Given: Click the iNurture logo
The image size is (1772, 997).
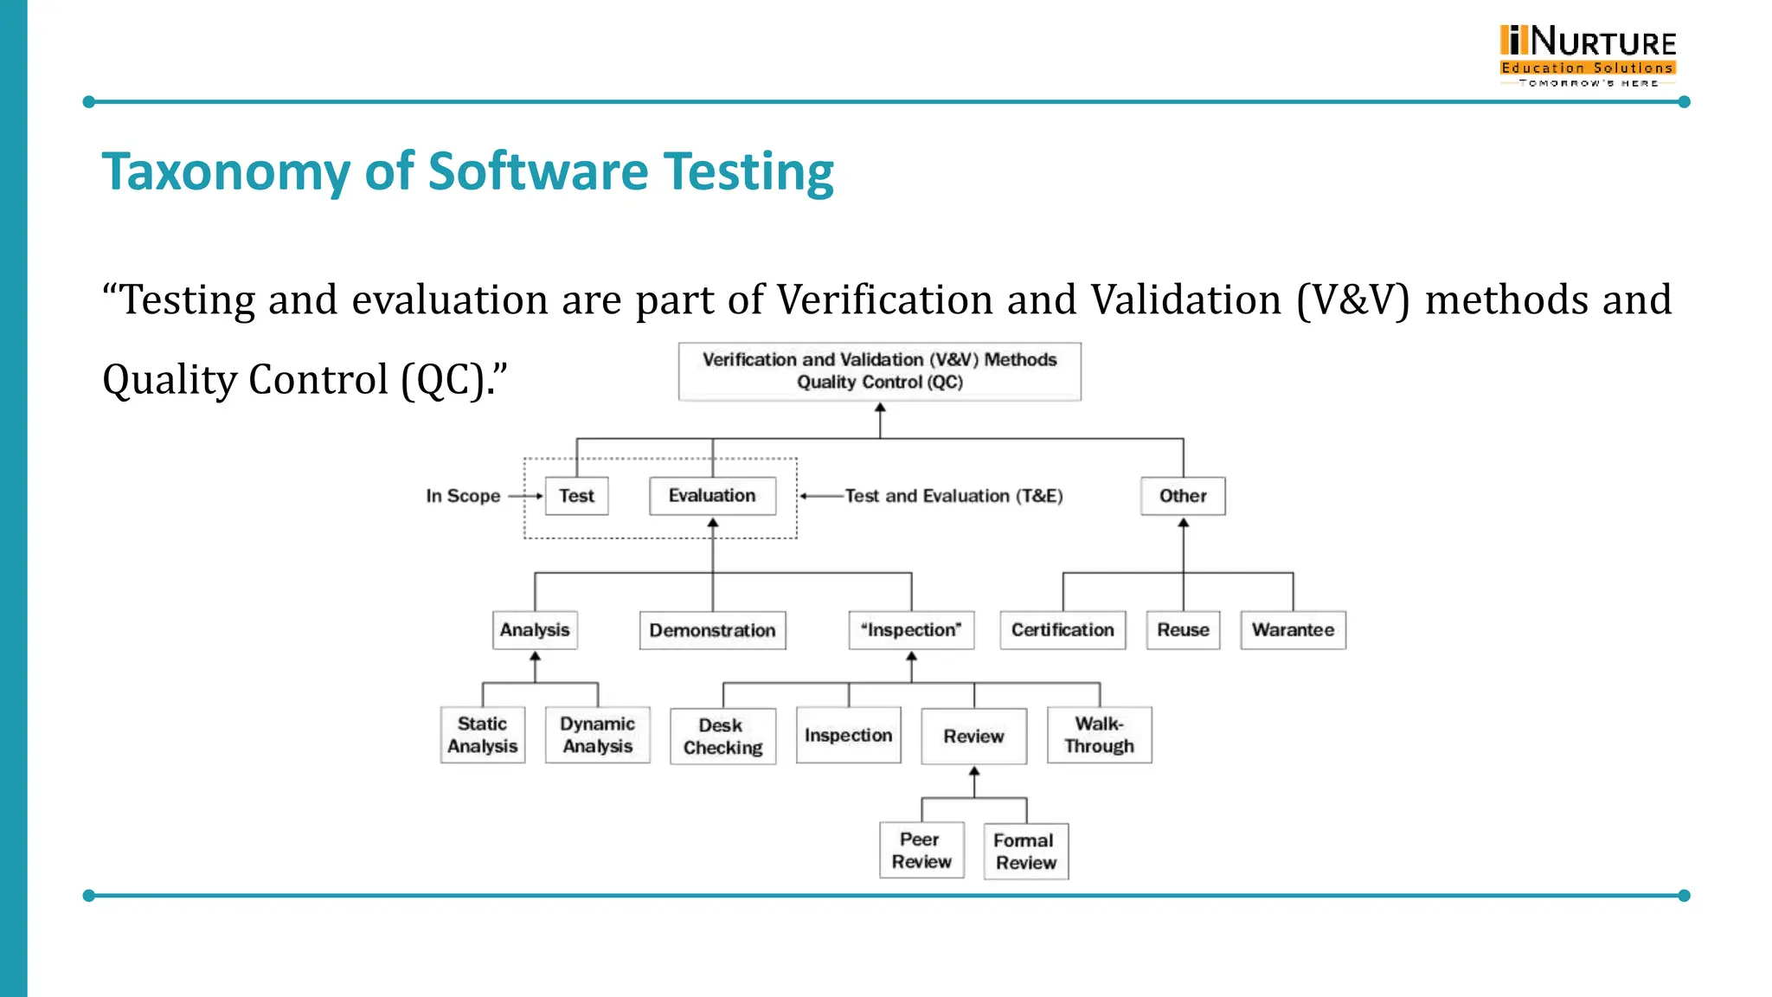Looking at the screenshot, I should [1588, 55].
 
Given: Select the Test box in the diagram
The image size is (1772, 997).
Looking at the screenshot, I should [576, 496].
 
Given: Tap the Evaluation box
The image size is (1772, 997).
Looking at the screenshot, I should [712, 496].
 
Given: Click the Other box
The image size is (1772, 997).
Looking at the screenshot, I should [1183, 496].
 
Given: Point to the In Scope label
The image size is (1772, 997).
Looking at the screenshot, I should [463, 496].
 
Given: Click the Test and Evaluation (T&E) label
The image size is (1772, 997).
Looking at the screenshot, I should [953, 496].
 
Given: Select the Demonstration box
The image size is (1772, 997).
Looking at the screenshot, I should [712, 630].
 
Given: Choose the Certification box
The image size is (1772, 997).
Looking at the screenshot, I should [1063, 630].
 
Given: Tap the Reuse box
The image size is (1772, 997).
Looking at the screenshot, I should [1183, 630].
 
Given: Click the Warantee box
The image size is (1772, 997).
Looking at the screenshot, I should [1293, 630].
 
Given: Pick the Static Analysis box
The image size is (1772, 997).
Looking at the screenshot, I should [482, 735].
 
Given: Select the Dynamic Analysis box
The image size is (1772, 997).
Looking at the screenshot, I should [597, 735].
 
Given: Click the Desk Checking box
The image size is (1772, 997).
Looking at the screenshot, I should [722, 736].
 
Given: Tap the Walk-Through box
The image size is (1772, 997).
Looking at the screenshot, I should [1099, 735].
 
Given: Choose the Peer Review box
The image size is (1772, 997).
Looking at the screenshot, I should [921, 850].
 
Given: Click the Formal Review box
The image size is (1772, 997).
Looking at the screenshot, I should [1025, 851].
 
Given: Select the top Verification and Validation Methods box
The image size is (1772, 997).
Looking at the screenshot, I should [879, 371].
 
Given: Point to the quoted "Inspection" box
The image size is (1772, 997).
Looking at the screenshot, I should [911, 630].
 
